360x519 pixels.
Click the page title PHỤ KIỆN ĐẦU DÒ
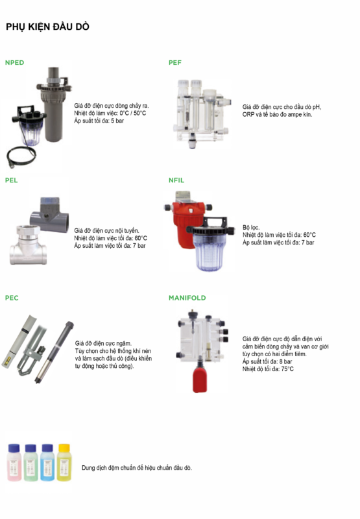[47, 27]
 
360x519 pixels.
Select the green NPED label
[14, 62]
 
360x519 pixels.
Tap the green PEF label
[175, 62]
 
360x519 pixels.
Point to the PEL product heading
[12, 180]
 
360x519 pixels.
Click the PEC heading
[12, 298]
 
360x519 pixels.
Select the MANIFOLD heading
[187, 298]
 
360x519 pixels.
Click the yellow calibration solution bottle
[64, 461]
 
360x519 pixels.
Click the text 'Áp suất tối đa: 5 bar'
[99, 121]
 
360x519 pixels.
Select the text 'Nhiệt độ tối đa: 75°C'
[268, 369]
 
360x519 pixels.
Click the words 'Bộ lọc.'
[251, 227]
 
